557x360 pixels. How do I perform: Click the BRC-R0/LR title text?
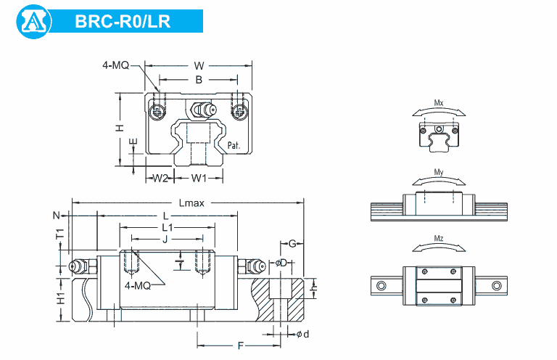(123, 21)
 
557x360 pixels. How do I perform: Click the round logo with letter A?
(34, 21)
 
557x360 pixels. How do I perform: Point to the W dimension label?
(199, 66)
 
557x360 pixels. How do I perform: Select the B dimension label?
(199, 80)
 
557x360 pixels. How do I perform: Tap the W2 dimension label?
(160, 178)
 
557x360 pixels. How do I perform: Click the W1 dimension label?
(199, 178)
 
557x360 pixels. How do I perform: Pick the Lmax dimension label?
(191, 203)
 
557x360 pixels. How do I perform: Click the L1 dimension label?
(168, 227)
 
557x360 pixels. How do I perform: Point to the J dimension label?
(165, 240)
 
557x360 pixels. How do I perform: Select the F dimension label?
(241, 345)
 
